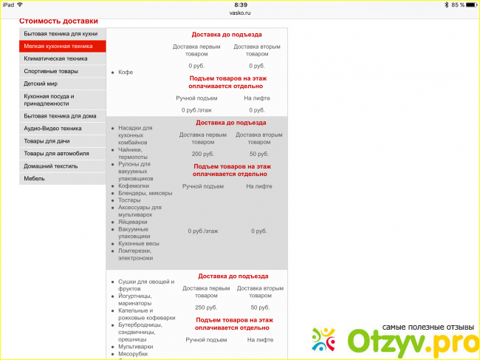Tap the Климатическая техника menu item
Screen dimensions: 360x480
point(55,58)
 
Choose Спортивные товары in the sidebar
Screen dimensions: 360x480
point(51,71)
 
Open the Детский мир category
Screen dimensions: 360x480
point(40,84)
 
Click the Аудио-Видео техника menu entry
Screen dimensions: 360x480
point(52,129)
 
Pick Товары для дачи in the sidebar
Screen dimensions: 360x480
point(48,140)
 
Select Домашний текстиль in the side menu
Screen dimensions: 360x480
point(51,166)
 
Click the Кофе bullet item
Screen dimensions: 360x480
point(126,72)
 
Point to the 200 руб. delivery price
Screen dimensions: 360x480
point(202,154)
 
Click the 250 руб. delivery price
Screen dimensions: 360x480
point(205,307)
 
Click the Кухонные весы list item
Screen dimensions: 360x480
point(138,243)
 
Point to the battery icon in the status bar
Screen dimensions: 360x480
point(468,4)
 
